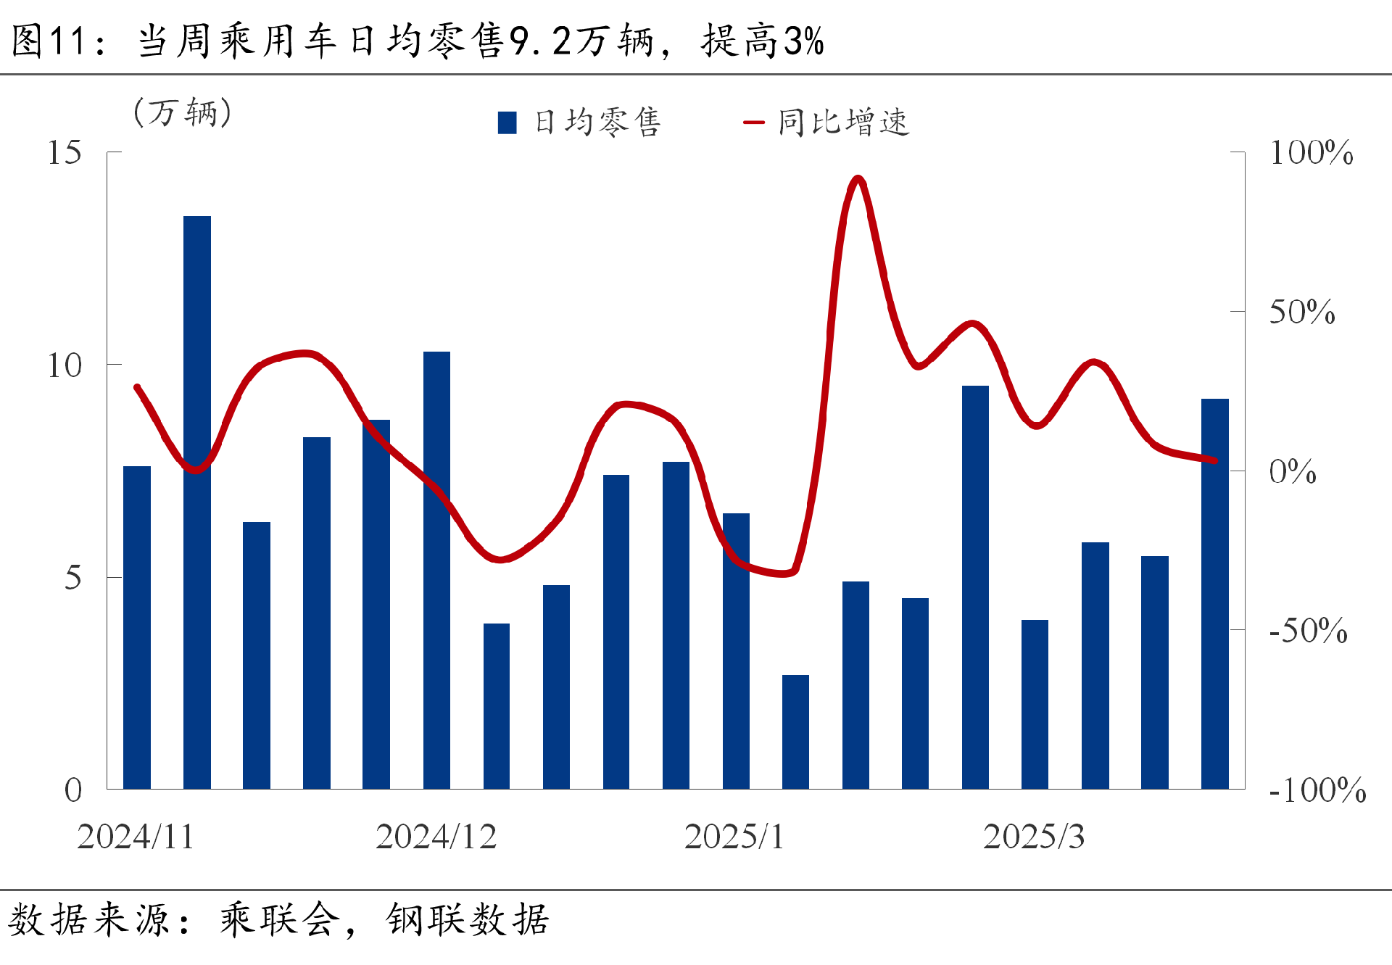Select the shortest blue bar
tap(795, 732)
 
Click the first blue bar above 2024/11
tap(137, 627)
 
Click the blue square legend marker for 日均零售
tap(507, 123)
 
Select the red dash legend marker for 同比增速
tap(754, 123)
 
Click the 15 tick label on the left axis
tap(65, 153)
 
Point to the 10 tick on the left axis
tap(65, 365)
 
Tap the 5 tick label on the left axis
tap(72, 578)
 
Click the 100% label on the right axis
tap(1311, 153)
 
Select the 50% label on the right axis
tap(1302, 312)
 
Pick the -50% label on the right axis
tap(1308, 631)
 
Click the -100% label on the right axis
tap(1317, 790)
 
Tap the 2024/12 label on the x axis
tap(436, 837)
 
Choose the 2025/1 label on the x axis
tap(734, 837)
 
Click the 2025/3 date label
tap(1034, 837)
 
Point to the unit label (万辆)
tap(183, 113)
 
